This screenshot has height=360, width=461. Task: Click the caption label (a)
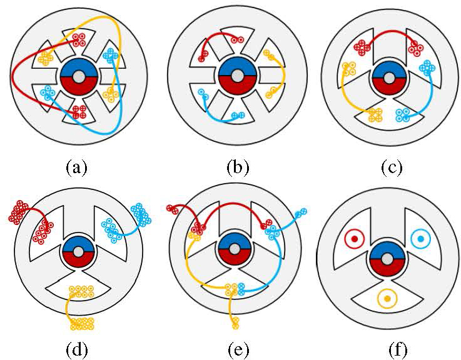pos(78,167)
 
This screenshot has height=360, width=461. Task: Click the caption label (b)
pos(237,167)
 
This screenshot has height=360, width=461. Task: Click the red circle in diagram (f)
pos(355,238)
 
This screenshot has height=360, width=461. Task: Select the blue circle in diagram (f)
pos(421,238)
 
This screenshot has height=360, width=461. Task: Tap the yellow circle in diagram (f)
pos(388,300)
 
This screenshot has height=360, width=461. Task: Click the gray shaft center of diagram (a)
pos(78,76)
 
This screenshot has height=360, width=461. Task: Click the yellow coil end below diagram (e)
pos(236,322)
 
